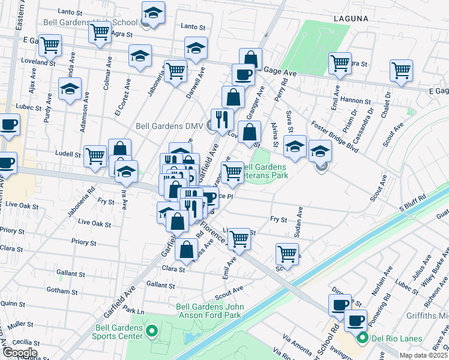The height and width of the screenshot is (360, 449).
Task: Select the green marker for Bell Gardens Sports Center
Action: (x=151, y=331)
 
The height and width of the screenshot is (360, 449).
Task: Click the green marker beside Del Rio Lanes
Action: (x=363, y=339)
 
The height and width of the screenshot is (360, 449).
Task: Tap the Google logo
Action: (x=20, y=352)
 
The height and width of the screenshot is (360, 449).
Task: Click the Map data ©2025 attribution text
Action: (x=423, y=355)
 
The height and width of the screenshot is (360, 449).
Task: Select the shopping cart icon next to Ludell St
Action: (x=95, y=156)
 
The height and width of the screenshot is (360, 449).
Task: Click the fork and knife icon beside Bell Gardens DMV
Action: (x=222, y=119)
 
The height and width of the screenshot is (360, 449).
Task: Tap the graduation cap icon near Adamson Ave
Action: (x=70, y=89)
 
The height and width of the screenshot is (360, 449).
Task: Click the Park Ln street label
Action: (x=133, y=312)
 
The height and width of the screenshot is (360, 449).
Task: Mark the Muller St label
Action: (x=20, y=324)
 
